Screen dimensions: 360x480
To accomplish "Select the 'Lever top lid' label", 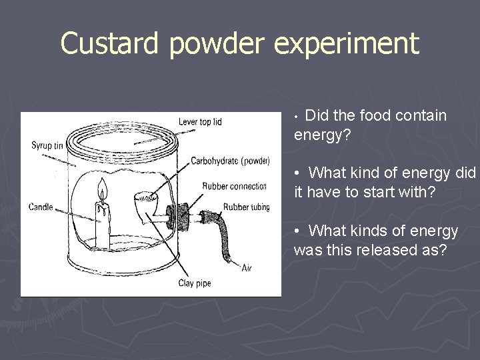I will click(x=199, y=121).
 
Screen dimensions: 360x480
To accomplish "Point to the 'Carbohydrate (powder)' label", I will click(x=230, y=161).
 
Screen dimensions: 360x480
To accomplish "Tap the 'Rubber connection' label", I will click(x=234, y=186).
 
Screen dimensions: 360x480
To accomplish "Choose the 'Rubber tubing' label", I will click(x=246, y=207).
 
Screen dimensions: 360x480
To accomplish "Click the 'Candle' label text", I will click(x=41, y=207).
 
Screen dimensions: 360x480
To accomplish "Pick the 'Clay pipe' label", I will click(x=194, y=283).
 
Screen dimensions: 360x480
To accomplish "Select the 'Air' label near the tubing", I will click(x=247, y=267).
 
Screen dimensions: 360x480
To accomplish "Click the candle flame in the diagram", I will click(x=101, y=190).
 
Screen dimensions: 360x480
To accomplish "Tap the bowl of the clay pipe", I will click(x=145, y=199).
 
